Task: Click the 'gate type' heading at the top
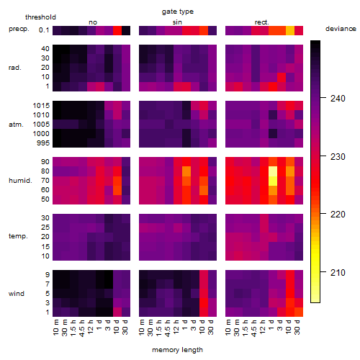pos(178,12)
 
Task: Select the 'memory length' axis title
pos(177,350)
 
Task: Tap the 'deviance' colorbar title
pos(341,29)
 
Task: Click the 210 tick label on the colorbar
pos(338,272)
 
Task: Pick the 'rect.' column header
pos(261,22)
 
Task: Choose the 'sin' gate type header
pos(177,22)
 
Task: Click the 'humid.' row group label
pos(20,181)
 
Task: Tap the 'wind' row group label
pos(17,294)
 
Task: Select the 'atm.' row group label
pos(16,125)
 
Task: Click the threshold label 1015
pos(41,106)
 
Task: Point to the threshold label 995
pos(43,143)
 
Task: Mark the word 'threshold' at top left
pos(40,17)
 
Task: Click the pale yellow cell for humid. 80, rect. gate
pos(273,171)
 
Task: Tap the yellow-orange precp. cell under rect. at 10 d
pos(290,30)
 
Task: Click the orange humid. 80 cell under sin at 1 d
pos(186,171)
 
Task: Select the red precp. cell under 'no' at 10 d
pos(117,30)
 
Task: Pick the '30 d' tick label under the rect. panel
pos(297,327)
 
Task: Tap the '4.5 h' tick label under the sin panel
pos(168,328)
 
